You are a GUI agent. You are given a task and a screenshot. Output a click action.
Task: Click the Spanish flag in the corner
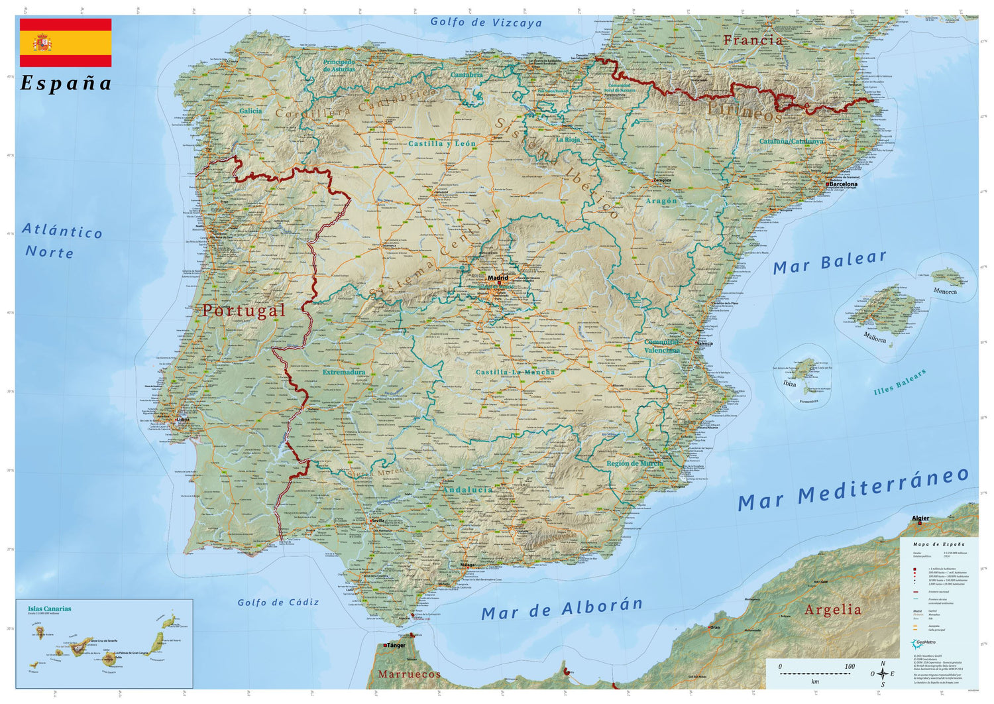click(x=66, y=43)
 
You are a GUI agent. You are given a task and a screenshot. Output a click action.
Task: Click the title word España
click(x=66, y=84)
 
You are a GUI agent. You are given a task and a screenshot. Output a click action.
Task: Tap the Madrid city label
click(x=498, y=278)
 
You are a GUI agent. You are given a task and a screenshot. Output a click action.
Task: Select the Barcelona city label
click(x=843, y=185)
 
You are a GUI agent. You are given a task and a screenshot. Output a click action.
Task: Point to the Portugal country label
click(x=244, y=310)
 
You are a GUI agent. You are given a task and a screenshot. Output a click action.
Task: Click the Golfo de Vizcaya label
click(x=486, y=22)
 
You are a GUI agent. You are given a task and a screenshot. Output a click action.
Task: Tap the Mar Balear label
click(x=830, y=262)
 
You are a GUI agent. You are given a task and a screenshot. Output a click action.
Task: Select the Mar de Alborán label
click(x=562, y=609)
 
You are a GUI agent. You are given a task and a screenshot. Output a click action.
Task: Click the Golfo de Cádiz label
click(x=278, y=603)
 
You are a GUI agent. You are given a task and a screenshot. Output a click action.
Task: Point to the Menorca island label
click(x=945, y=291)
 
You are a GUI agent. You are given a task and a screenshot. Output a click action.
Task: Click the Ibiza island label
click(x=789, y=384)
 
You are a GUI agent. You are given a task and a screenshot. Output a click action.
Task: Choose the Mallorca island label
click(x=875, y=338)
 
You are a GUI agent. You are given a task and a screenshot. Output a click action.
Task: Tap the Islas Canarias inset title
click(x=49, y=609)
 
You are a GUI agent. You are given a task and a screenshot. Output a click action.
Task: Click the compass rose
click(x=883, y=674)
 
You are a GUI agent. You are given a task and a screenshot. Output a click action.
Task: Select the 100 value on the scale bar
click(x=850, y=666)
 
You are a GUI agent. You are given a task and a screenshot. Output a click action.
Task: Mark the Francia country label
click(x=753, y=40)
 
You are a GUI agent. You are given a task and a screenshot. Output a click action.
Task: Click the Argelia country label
click(x=833, y=609)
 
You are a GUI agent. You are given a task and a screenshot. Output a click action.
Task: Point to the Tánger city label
click(x=396, y=645)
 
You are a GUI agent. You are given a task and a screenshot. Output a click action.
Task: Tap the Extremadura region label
click(x=344, y=373)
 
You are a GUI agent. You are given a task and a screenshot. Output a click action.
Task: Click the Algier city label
click(x=920, y=518)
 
